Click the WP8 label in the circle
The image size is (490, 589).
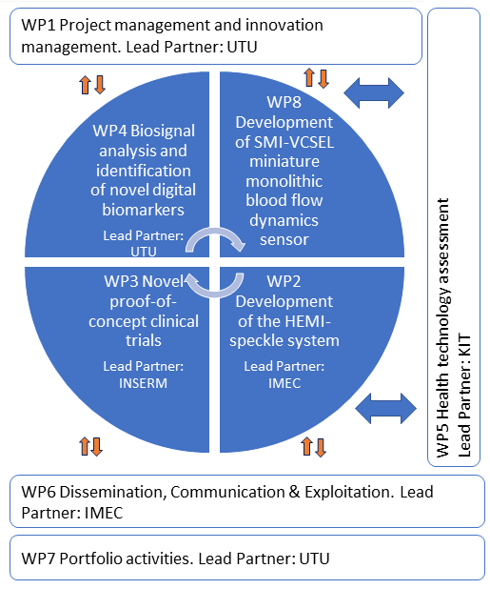(x=284, y=102)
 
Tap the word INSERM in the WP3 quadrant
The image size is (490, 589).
(x=144, y=383)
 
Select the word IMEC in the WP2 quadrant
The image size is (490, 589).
(x=284, y=383)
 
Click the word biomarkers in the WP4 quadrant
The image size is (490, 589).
(x=144, y=210)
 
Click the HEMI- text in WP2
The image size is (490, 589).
(x=308, y=321)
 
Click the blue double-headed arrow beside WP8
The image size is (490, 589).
(x=374, y=92)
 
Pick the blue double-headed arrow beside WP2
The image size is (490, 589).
(x=385, y=408)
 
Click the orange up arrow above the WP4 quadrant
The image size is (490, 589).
(x=85, y=85)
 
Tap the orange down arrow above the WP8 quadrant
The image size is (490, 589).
(x=323, y=78)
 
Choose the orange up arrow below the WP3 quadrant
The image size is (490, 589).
(x=84, y=446)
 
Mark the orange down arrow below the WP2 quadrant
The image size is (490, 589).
(x=321, y=447)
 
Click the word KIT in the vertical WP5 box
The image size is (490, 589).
(x=463, y=347)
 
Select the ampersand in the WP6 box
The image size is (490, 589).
(x=295, y=492)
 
